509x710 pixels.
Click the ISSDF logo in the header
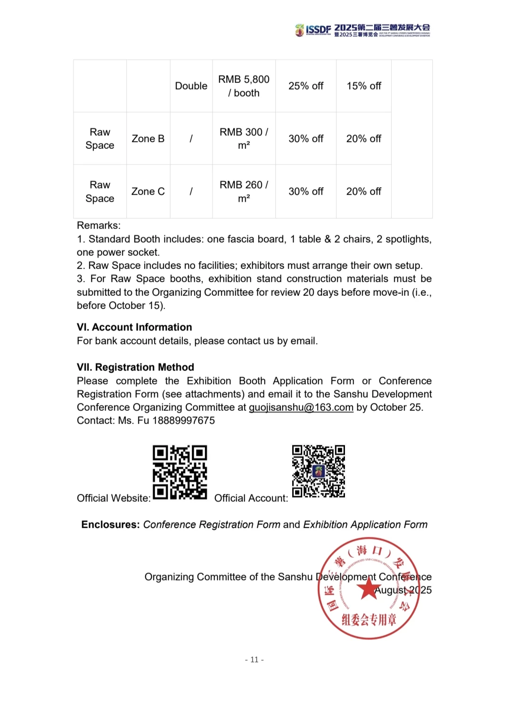[313, 30]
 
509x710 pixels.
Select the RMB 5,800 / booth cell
[244, 86]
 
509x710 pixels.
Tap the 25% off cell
[306, 86]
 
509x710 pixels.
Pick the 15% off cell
[364, 86]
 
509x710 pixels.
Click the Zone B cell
[148, 139]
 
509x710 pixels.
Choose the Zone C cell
[148, 192]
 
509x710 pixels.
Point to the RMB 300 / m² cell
[244, 139]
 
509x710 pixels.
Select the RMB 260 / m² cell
[244, 192]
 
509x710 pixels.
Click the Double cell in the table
[191, 86]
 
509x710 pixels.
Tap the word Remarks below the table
[99, 226]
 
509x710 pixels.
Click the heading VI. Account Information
[134, 327]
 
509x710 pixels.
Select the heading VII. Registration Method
[135, 367]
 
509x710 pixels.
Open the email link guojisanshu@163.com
[301, 408]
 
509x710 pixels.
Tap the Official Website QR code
[180, 472]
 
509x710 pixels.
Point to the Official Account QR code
[319, 471]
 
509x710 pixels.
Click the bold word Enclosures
[110, 525]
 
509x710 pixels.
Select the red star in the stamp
[368, 588]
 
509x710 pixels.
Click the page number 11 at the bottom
[254, 660]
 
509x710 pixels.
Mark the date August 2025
[403, 590]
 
